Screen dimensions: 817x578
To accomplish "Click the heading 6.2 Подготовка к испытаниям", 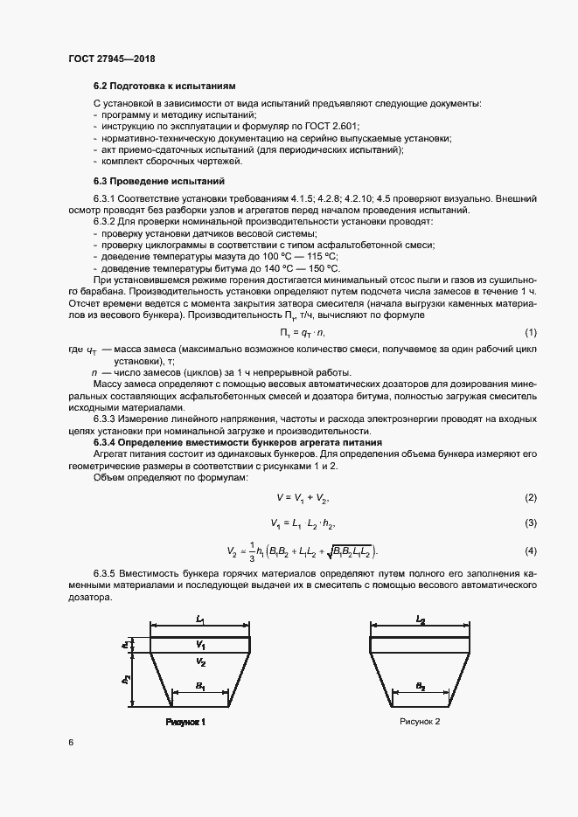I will pos(164,87).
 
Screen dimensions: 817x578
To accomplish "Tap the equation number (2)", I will pos(530,497).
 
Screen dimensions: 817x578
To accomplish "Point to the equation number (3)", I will pos(530,523).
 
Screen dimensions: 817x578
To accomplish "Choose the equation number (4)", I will pos(530,551).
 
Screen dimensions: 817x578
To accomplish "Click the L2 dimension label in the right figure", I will pos(421,619).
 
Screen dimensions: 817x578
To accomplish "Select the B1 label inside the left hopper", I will pos(200,688).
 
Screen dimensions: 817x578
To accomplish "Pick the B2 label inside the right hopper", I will pos(421,688).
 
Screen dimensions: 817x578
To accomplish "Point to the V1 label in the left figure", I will pos(200,645).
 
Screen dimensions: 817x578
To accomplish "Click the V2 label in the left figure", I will pos(200,663).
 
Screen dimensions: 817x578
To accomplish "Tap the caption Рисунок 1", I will pos(185,723).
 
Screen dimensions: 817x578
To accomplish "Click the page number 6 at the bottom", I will pos(70,742).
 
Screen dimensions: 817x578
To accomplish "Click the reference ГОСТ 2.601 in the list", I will pos(332,127).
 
